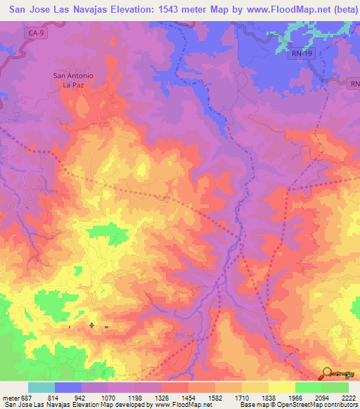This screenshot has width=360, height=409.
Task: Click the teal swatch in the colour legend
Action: click(41, 387)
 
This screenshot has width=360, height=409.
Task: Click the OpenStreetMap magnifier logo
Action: click(328, 372)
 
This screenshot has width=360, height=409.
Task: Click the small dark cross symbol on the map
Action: click(92, 325)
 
